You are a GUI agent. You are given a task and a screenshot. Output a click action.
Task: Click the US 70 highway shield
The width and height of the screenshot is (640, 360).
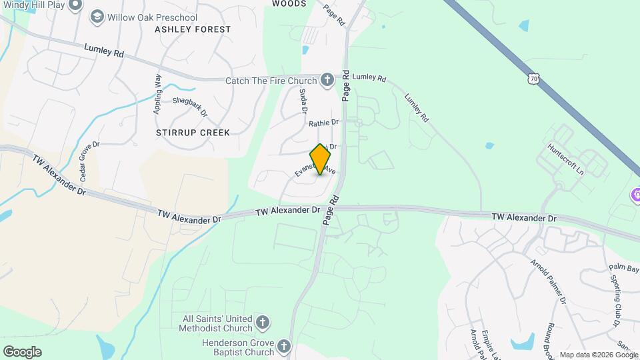click(x=533, y=79)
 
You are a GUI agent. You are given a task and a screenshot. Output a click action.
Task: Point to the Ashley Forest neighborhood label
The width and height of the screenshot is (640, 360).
click(x=193, y=29)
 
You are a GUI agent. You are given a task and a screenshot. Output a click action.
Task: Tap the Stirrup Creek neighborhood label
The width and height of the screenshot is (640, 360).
click(x=193, y=133)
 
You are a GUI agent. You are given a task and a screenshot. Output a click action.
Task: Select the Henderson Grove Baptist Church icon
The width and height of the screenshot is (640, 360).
click(x=284, y=347)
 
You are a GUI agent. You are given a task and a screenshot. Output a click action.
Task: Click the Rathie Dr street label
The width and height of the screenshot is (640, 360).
click(x=324, y=123)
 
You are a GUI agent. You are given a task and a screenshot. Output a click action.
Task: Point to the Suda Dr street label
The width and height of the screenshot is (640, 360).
click(x=303, y=101)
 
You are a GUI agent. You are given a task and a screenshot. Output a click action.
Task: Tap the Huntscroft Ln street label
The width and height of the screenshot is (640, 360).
click(x=565, y=160)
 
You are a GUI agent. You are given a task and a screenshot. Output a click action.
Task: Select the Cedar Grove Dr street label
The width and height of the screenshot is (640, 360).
click(x=89, y=161)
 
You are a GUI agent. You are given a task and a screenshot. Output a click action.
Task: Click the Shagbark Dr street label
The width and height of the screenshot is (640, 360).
click(x=190, y=107)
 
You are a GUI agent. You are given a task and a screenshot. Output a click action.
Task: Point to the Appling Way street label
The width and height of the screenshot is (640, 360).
click(x=158, y=94)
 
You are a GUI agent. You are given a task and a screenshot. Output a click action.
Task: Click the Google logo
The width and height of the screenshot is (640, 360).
click(x=21, y=352)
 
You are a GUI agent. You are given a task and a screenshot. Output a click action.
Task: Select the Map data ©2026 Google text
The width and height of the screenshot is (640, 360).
click(x=598, y=355)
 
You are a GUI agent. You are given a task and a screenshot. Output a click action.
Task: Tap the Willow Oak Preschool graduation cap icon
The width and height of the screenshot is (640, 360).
click(x=97, y=16)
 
